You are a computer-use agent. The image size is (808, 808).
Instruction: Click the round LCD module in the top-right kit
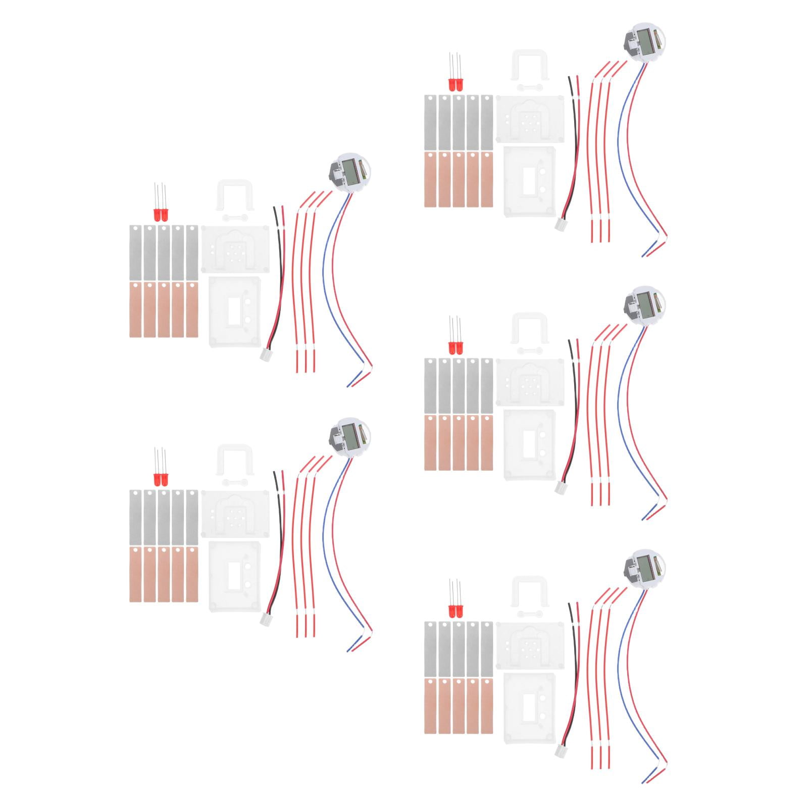(x=644, y=40)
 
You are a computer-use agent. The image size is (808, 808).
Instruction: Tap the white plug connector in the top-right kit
(x=561, y=225)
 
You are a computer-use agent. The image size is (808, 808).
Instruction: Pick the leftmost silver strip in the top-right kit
(x=430, y=123)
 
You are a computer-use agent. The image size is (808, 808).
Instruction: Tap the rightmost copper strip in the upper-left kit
(x=192, y=309)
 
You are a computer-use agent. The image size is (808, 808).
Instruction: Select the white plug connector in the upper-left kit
(x=266, y=355)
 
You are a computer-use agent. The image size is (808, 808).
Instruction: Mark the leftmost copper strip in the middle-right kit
(x=430, y=442)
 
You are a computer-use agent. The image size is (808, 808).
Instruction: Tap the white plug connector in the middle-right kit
(x=561, y=488)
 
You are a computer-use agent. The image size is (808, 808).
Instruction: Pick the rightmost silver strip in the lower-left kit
(x=192, y=517)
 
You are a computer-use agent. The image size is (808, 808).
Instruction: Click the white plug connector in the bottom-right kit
(x=561, y=751)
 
